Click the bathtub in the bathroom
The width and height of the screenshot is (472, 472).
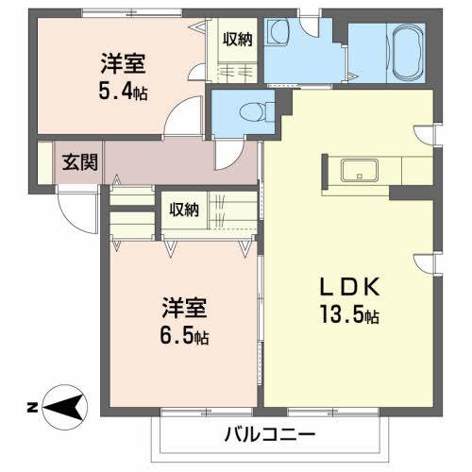(x=407, y=52)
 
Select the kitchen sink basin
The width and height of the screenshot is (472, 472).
(x=360, y=170)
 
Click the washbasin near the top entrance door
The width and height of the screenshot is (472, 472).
(x=278, y=32)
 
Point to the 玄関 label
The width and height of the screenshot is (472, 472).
(x=79, y=162)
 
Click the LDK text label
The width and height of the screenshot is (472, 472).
(x=349, y=287)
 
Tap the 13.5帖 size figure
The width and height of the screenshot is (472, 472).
(x=349, y=314)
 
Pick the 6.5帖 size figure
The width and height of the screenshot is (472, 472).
(x=184, y=335)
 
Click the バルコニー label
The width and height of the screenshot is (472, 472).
(x=270, y=435)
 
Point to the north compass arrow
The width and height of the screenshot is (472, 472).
(x=65, y=408)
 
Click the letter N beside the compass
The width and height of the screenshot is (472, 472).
(x=32, y=408)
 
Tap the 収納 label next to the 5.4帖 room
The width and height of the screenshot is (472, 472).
(x=238, y=40)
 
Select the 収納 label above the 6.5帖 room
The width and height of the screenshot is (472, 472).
(x=184, y=210)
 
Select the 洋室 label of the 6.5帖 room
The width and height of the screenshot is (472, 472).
(x=184, y=308)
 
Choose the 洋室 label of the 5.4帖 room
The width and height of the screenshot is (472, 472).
(x=123, y=63)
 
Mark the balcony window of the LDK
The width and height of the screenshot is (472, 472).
(x=333, y=412)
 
